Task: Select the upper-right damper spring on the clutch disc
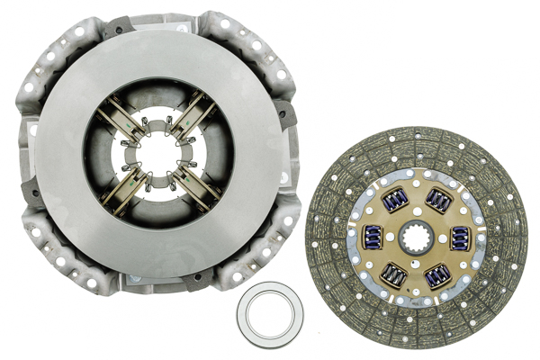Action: coord(438,201)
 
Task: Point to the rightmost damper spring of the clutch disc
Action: coord(460,238)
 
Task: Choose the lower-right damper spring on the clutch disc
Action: coord(439,276)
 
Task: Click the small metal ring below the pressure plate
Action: coord(270,315)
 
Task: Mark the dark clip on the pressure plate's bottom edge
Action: coord(197,280)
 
